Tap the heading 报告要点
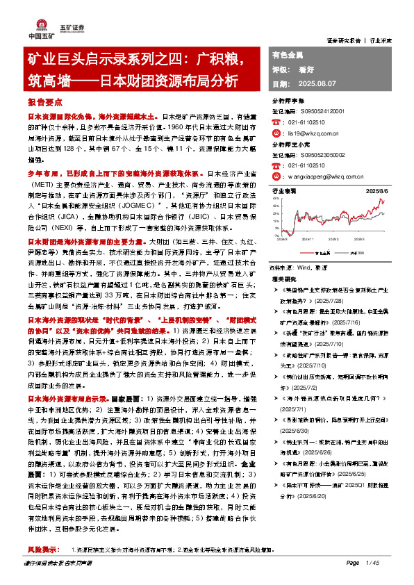42,101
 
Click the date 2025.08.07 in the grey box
311,83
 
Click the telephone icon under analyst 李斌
274,121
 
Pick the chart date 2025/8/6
374,190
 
